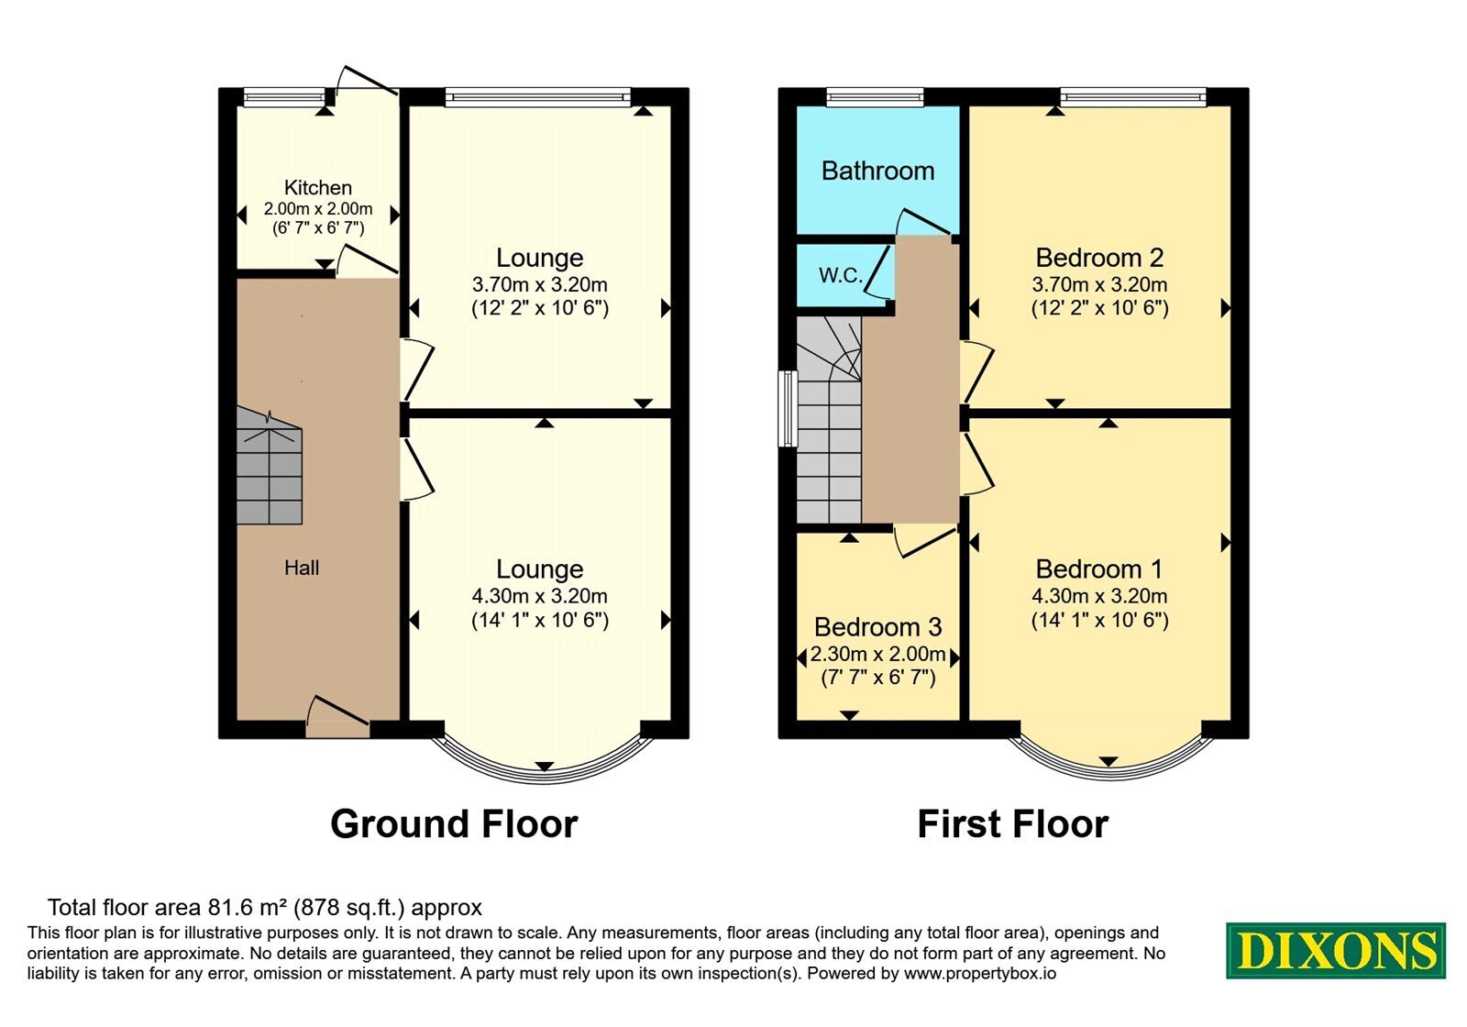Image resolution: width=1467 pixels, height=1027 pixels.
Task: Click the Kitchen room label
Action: (317, 188)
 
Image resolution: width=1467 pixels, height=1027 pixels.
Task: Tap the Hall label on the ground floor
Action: (302, 568)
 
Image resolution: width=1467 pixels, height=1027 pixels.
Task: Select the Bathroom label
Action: (877, 171)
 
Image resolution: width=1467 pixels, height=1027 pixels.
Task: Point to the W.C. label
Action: (841, 275)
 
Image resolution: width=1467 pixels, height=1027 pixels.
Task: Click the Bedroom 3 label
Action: (877, 627)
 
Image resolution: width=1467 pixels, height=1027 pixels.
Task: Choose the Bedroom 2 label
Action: (1099, 258)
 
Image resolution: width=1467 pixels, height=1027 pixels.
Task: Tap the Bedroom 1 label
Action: (1099, 569)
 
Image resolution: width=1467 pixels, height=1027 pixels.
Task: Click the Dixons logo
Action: (1336, 951)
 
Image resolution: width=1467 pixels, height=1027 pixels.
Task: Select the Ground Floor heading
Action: (454, 824)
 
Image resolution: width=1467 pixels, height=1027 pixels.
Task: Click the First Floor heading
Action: (1012, 824)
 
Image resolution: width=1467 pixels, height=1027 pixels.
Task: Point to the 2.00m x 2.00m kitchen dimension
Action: (317, 209)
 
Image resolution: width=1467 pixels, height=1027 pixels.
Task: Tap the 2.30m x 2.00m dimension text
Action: (877, 654)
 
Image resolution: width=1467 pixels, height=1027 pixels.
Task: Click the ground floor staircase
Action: (270, 467)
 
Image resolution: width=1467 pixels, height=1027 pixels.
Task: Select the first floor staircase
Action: (829, 419)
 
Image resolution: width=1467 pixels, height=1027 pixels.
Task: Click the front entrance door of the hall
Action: (337, 719)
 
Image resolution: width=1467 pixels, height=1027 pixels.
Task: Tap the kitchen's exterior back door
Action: (366, 86)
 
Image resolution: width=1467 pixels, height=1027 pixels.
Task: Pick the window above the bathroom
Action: (875, 97)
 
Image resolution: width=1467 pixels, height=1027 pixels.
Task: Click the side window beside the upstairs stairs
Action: (788, 409)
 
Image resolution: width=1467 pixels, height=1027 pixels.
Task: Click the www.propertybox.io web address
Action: (980, 973)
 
